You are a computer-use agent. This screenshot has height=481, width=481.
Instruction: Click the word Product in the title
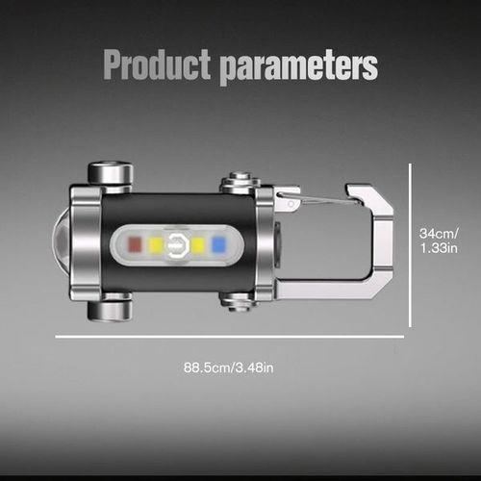click(x=157, y=67)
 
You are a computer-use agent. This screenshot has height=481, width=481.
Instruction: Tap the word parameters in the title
click(x=298, y=67)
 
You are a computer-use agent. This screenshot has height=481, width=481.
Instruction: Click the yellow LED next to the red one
click(x=155, y=244)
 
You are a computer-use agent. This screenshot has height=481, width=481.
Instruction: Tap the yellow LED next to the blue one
click(x=198, y=244)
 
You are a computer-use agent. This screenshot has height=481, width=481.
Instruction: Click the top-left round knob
click(x=110, y=174)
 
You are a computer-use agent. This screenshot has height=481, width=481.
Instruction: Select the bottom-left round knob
click(x=110, y=310)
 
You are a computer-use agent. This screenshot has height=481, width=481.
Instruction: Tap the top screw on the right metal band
click(x=240, y=181)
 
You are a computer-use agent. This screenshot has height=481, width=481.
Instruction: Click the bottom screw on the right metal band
click(x=240, y=301)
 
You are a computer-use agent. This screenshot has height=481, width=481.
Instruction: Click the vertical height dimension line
click(x=411, y=244)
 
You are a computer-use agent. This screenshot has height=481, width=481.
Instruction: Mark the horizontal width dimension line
click(x=229, y=337)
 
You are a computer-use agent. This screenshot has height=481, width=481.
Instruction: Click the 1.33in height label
click(x=439, y=251)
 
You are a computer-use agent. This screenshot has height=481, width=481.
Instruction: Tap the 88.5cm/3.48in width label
click(x=227, y=366)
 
